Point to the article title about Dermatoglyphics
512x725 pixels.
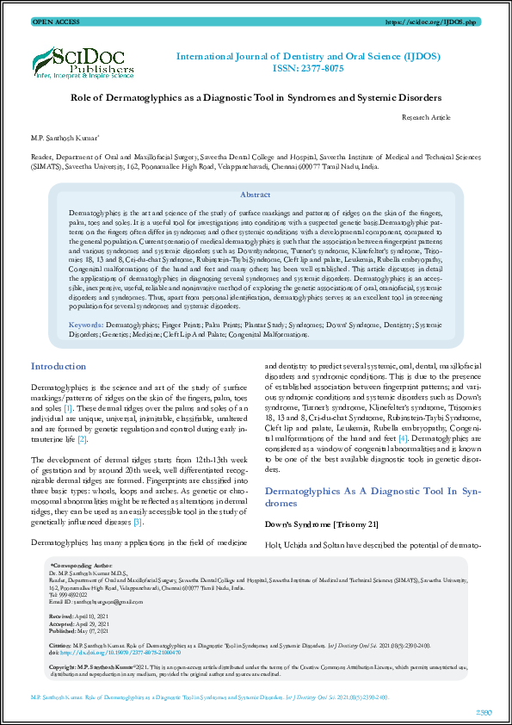click(x=255, y=98)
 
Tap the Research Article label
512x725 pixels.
click(x=425, y=116)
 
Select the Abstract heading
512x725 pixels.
click(x=256, y=195)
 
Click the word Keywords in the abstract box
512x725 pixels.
click(x=86, y=325)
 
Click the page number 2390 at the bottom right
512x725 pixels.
click(x=484, y=711)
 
